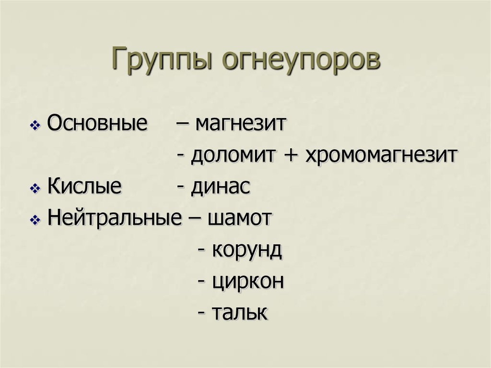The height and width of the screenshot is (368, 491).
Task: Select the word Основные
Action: point(97,124)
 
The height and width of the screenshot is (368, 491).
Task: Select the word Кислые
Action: point(84,187)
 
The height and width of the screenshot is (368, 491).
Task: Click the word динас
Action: point(221,187)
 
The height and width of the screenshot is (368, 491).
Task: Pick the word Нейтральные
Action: point(115,218)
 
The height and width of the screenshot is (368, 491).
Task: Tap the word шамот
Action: point(240,218)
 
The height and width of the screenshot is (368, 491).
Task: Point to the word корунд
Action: point(246,250)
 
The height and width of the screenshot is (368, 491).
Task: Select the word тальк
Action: point(240,312)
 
